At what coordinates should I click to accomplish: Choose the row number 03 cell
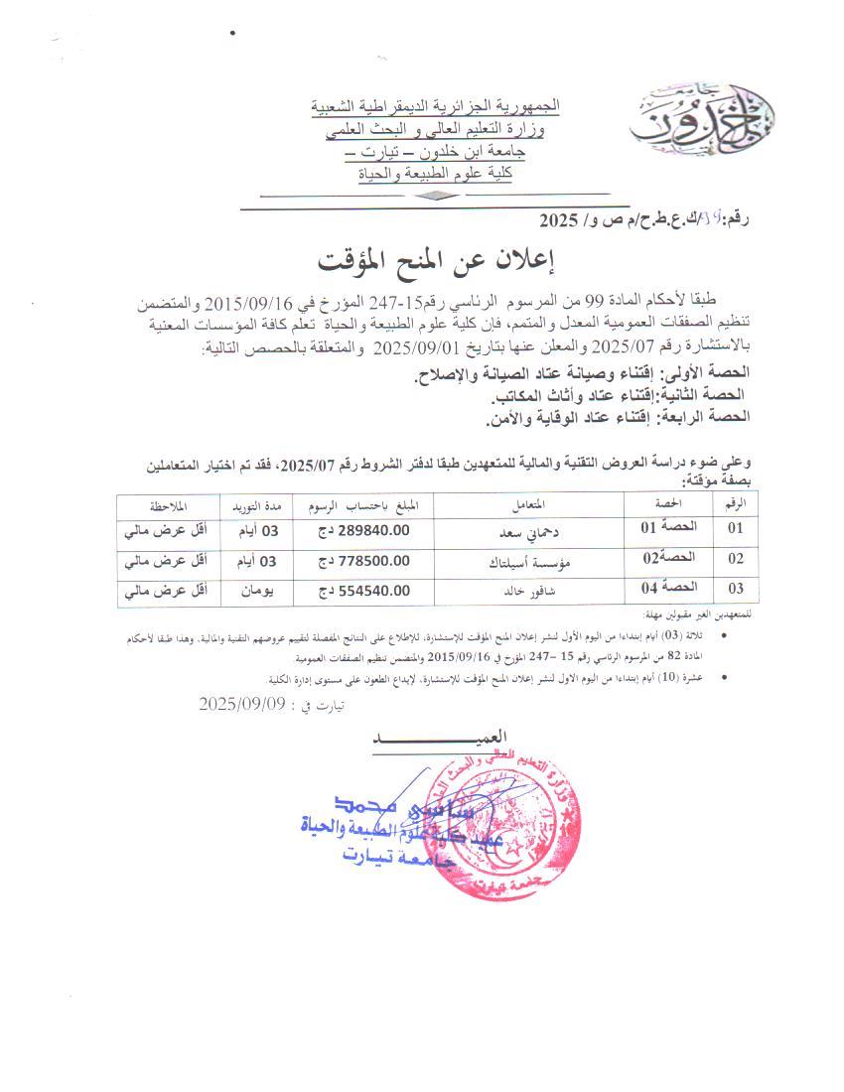[x=735, y=590]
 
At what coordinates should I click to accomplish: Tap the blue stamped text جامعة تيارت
[x=401, y=862]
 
